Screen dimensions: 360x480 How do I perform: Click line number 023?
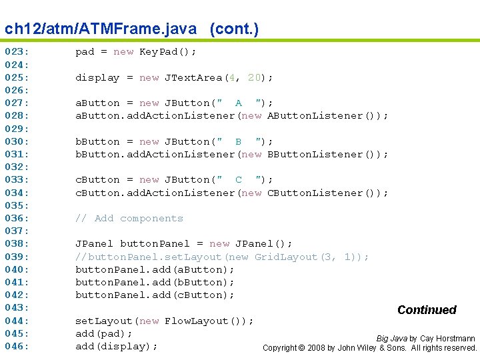[x=17, y=51]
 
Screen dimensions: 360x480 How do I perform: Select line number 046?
[x=17, y=346]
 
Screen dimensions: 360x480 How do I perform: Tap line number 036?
[x=17, y=218]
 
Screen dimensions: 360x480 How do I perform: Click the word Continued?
[x=427, y=310]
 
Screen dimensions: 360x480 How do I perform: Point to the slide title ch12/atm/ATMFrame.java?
[x=101, y=29]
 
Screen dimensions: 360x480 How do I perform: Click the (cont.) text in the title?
[x=234, y=29]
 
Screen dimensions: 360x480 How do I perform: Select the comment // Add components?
[x=129, y=218]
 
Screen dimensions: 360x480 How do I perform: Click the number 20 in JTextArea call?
[x=254, y=77]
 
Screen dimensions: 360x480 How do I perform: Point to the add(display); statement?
[x=116, y=346]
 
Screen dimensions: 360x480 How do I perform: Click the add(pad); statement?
[x=103, y=333]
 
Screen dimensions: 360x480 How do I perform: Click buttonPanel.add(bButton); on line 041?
[x=155, y=282]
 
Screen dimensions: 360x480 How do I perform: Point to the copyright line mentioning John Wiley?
[x=370, y=348]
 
